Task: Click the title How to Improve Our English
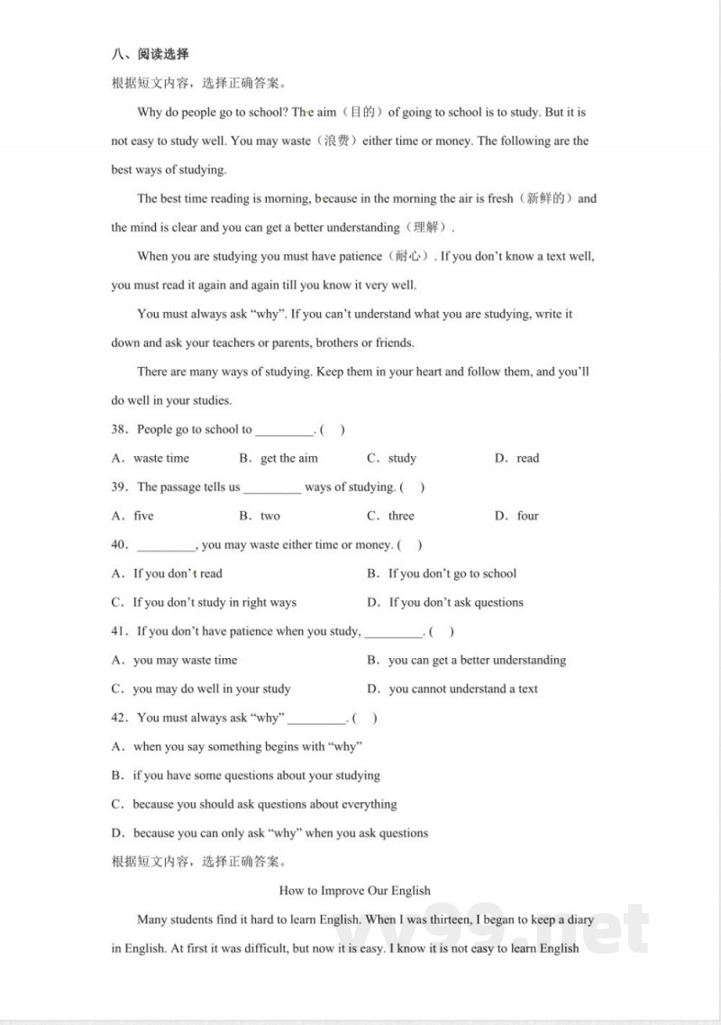pyautogui.click(x=355, y=891)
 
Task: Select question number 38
pyautogui.click(x=119, y=430)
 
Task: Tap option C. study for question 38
pyautogui.click(x=391, y=458)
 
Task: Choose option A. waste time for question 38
pyautogui.click(x=151, y=458)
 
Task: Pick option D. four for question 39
pyautogui.click(x=516, y=516)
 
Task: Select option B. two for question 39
pyautogui.click(x=260, y=516)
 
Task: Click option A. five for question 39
pyautogui.click(x=132, y=516)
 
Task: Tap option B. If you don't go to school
pyautogui.click(x=442, y=573)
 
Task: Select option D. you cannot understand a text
pyautogui.click(x=452, y=689)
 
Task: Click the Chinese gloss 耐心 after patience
pyautogui.click(x=408, y=257)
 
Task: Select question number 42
pyautogui.click(x=119, y=718)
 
